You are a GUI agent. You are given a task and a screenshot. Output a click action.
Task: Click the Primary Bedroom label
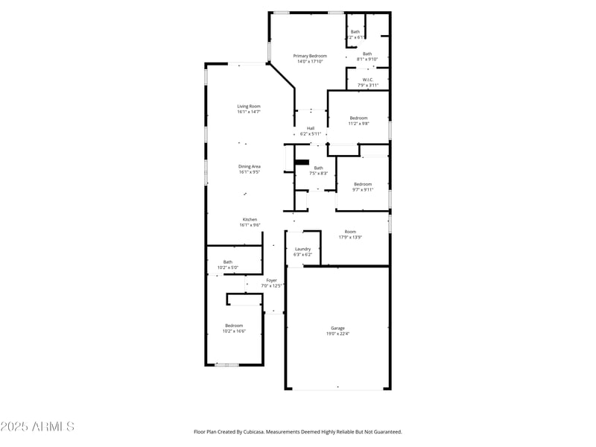(x=309, y=56)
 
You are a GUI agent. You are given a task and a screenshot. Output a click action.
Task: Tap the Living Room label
(x=249, y=107)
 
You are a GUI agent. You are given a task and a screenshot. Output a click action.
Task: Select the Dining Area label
(x=249, y=166)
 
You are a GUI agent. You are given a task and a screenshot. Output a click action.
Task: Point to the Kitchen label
(x=249, y=220)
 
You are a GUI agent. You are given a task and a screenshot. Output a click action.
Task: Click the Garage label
(x=337, y=328)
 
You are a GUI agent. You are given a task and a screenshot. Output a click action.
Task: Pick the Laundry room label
(x=302, y=249)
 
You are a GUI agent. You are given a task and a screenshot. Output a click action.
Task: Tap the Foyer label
(x=271, y=280)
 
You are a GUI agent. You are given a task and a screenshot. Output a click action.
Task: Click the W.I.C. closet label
(x=367, y=80)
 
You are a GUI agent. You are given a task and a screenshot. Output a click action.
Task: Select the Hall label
(x=311, y=128)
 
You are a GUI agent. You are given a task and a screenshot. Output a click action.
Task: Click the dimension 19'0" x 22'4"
(x=337, y=334)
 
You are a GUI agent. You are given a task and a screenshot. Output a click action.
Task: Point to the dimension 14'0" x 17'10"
(x=309, y=62)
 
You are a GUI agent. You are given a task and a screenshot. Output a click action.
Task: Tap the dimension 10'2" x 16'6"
(x=234, y=331)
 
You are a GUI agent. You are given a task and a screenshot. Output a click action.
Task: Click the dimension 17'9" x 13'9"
(x=350, y=238)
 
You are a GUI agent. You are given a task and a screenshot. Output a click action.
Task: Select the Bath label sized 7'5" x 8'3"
(x=319, y=168)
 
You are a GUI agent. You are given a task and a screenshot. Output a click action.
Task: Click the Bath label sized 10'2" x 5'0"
(x=227, y=261)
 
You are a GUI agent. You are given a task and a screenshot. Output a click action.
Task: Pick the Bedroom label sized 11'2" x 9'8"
(x=358, y=118)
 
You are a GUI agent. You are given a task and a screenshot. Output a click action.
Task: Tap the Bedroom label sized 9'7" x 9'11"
(x=363, y=184)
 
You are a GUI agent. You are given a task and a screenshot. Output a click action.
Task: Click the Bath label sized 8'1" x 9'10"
(x=367, y=54)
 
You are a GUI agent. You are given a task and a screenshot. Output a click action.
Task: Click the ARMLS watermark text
(x=37, y=427)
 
